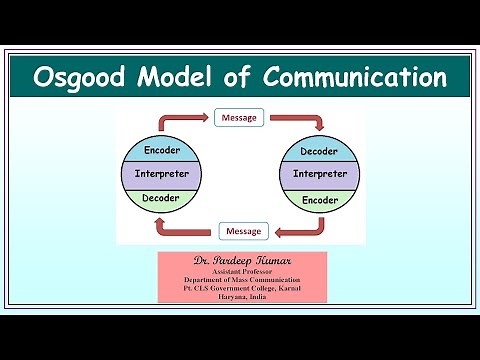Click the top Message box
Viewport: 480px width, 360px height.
238,118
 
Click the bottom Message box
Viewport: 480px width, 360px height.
243,231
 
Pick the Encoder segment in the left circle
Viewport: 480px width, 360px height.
161,151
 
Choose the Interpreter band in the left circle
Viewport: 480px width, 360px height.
161,175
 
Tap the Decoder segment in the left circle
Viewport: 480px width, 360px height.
161,198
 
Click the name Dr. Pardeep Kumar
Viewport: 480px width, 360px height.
243,260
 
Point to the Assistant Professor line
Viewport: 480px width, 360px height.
242,271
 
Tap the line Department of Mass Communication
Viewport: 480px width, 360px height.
242,280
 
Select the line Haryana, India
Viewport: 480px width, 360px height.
242,297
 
